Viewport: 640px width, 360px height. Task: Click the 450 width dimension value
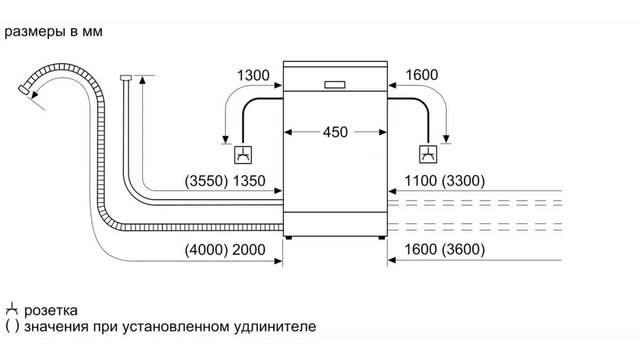click(335, 132)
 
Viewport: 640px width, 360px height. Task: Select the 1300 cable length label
click(252, 75)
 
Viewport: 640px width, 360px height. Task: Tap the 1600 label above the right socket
click(422, 75)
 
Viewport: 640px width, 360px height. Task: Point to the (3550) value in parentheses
click(206, 181)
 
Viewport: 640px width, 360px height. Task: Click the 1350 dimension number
click(249, 181)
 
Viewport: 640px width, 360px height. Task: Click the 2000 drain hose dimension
click(249, 250)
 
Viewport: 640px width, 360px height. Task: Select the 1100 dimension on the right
click(420, 181)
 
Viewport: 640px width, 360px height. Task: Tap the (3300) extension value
click(463, 181)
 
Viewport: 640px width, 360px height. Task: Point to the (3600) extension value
click(463, 250)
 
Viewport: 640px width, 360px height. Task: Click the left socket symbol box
click(242, 154)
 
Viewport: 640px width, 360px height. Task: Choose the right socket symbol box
click(428, 154)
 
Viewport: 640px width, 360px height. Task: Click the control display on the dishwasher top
click(335, 84)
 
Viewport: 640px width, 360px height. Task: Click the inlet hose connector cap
click(126, 76)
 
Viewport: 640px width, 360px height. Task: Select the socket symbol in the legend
click(11, 310)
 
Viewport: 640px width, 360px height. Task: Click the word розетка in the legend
click(50, 311)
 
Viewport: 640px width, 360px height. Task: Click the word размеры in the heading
click(32, 33)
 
